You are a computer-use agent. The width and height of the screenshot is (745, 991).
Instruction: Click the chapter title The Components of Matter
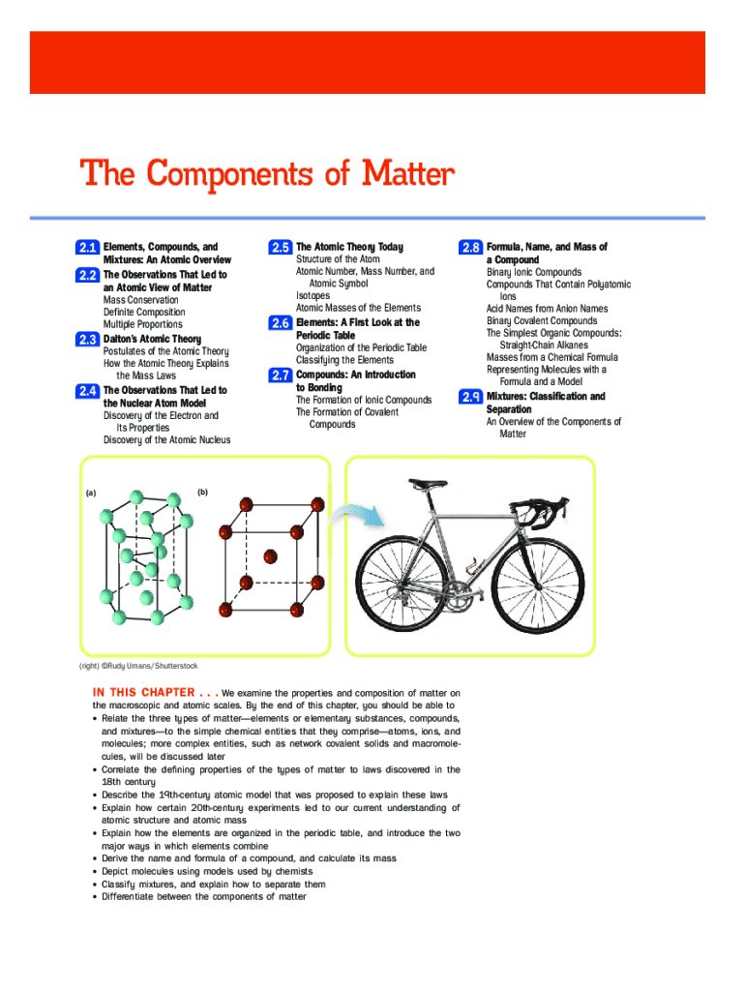(x=266, y=175)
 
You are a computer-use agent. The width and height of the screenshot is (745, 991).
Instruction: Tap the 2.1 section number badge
(x=88, y=249)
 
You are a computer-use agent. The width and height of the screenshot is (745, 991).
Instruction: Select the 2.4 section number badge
(x=88, y=392)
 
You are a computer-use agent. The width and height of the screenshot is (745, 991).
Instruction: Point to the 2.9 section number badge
(x=471, y=398)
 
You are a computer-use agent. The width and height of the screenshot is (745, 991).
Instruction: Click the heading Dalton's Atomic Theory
(x=152, y=339)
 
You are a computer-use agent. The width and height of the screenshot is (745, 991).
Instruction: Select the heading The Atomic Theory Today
(x=349, y=248)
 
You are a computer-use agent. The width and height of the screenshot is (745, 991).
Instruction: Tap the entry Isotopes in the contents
(x=313, y=296)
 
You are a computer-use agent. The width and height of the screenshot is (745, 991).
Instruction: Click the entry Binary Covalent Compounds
(x=542, y=321)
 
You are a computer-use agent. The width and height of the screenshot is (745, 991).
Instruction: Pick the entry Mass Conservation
(x=141, y=300)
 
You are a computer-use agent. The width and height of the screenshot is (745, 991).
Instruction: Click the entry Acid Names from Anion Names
(x=547, y=309)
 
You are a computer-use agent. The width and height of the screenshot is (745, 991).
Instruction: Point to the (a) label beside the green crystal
(x=90, y=493)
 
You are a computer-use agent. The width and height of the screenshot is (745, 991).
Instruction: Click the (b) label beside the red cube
(x=202, y=492)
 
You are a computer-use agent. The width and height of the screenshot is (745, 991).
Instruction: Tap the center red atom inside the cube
(x=270, y=556)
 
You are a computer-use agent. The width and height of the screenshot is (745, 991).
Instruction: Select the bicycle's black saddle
(x=426, y=482)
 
